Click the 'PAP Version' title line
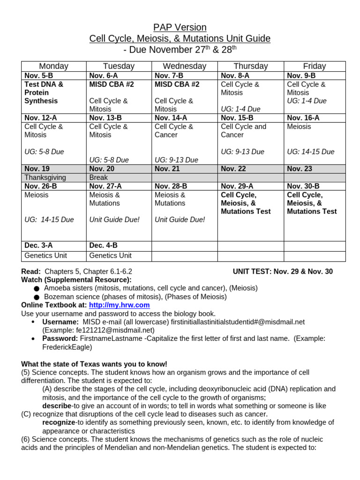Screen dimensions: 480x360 [180, 27]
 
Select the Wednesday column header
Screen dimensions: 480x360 [184, 66]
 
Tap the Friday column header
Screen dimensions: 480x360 [314, 66]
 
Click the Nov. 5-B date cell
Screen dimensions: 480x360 [38, 76]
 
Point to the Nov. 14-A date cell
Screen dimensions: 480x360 [171, 118]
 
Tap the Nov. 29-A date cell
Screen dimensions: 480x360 [237, 186]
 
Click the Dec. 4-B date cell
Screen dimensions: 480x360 [104, 245]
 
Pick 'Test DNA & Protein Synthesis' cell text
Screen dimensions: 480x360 [43, 93]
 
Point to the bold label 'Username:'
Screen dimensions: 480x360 [60, 322]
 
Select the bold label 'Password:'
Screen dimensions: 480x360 [60, 338]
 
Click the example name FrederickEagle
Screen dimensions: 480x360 [67, 347]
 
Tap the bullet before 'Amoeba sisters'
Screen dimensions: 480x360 [37, 288]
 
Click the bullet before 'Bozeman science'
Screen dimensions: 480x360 [37, 297]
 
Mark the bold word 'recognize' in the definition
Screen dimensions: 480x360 [59, 422]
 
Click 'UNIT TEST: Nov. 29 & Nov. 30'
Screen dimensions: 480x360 [283, 271]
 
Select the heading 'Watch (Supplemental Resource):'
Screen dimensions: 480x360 [76, 280]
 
